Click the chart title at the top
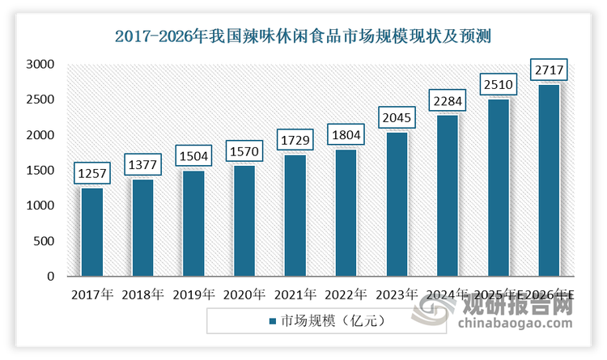coord(303,36)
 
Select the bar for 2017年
coord(92,232)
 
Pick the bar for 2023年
coord(397,204)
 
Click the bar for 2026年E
coord(550,180)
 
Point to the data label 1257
coord(92,173)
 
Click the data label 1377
coord(143,164)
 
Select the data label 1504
coord(194,155)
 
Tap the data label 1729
coord(295,140)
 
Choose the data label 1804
coord(346,134)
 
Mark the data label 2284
coord(448,100)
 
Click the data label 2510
coord(499,84)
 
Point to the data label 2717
coord(550,70)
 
